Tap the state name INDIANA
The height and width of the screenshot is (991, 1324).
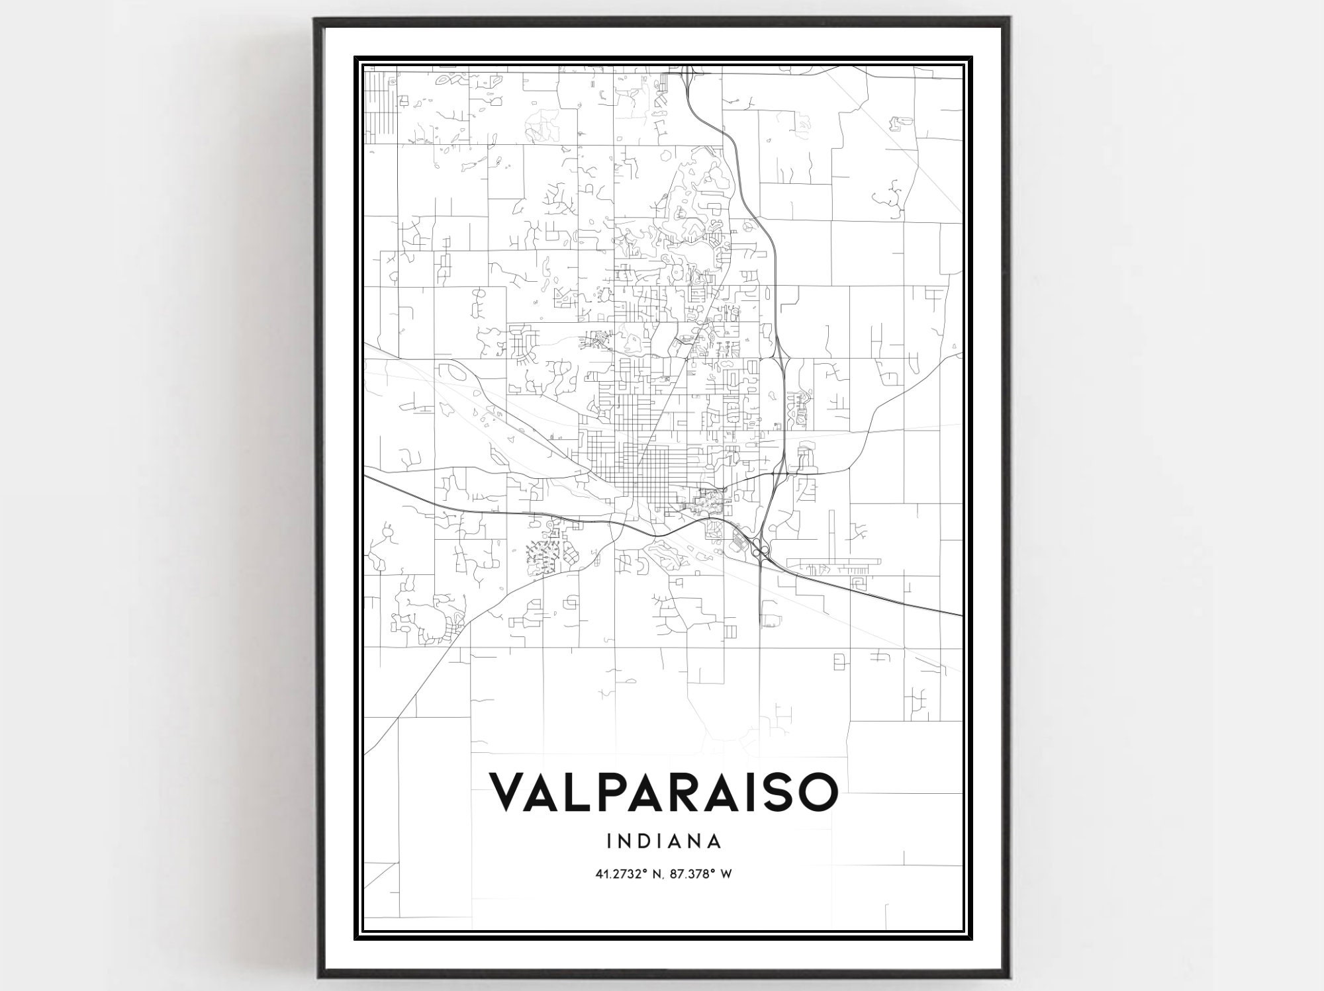pos(663,842)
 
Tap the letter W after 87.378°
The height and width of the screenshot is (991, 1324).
pos(726,874)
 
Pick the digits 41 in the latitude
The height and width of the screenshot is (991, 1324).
pos(601,874)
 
